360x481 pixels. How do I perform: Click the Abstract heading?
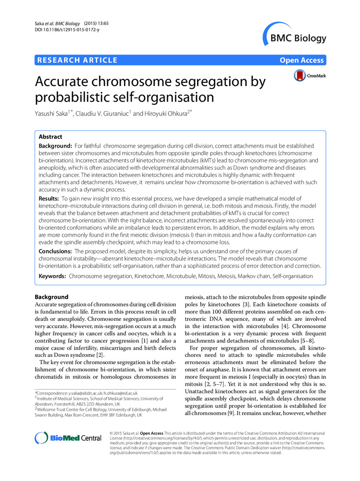tap(51, 137)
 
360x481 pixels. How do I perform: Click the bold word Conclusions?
tap(55, 252)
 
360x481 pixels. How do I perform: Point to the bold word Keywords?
tap(52, 276)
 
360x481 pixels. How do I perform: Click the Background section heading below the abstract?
tap(52, 297)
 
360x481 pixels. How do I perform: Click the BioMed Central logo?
tap(68, 438)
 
